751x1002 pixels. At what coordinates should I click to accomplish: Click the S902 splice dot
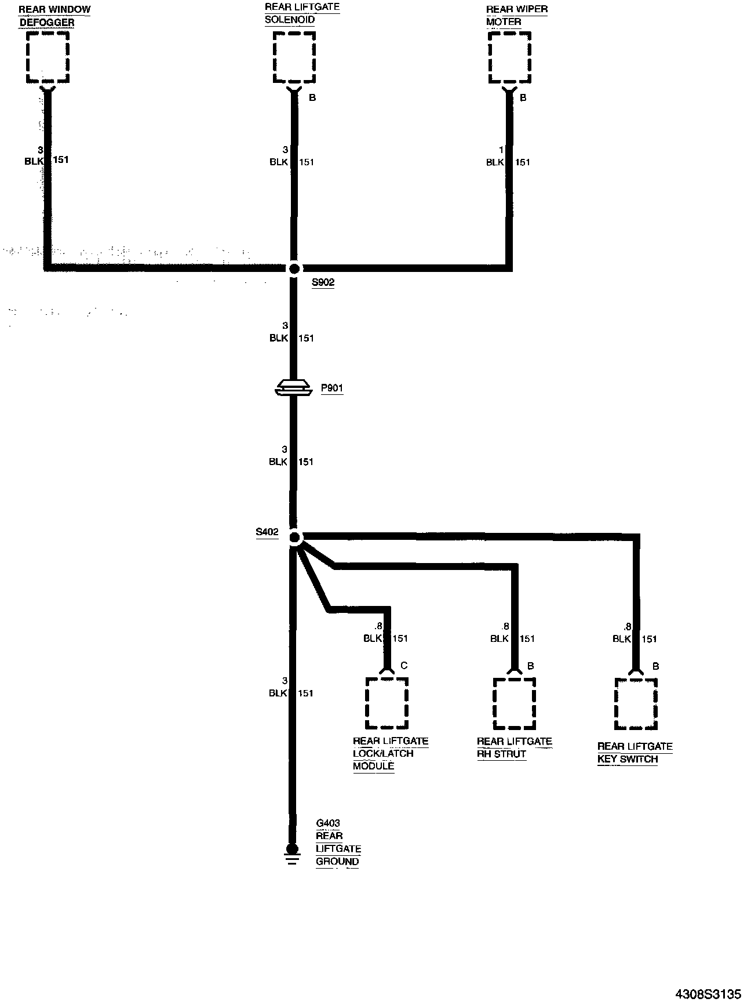tap(294, 268)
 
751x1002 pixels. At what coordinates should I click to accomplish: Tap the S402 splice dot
tap(294, 538)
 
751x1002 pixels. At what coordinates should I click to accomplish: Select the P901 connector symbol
tap(294, 388)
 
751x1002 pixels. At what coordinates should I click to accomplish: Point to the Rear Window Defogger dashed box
tap(48, 56)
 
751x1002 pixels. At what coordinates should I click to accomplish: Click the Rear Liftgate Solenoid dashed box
tap(294, 57)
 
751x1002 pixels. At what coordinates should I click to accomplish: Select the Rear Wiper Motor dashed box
tap(510, 57)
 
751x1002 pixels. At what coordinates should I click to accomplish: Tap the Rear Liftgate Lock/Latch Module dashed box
tap(387, 703)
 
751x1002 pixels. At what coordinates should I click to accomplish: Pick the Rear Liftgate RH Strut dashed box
tap(514, 703)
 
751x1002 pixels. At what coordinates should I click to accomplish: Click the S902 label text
tap(323, 283)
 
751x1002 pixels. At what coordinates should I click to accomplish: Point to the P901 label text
tap(331, 388)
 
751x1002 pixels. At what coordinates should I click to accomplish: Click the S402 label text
tap(267, 532)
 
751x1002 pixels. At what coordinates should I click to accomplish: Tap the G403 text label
tap(328, 823)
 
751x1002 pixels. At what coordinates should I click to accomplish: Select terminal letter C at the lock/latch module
tap(404, 666)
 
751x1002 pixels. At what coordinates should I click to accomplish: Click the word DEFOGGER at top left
tap(46, 23)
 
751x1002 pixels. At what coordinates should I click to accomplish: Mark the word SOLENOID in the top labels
tap(290, 20)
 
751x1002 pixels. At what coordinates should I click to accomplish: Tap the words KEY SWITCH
tap(628, 759)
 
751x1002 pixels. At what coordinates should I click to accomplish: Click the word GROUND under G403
tap(337, 862)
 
